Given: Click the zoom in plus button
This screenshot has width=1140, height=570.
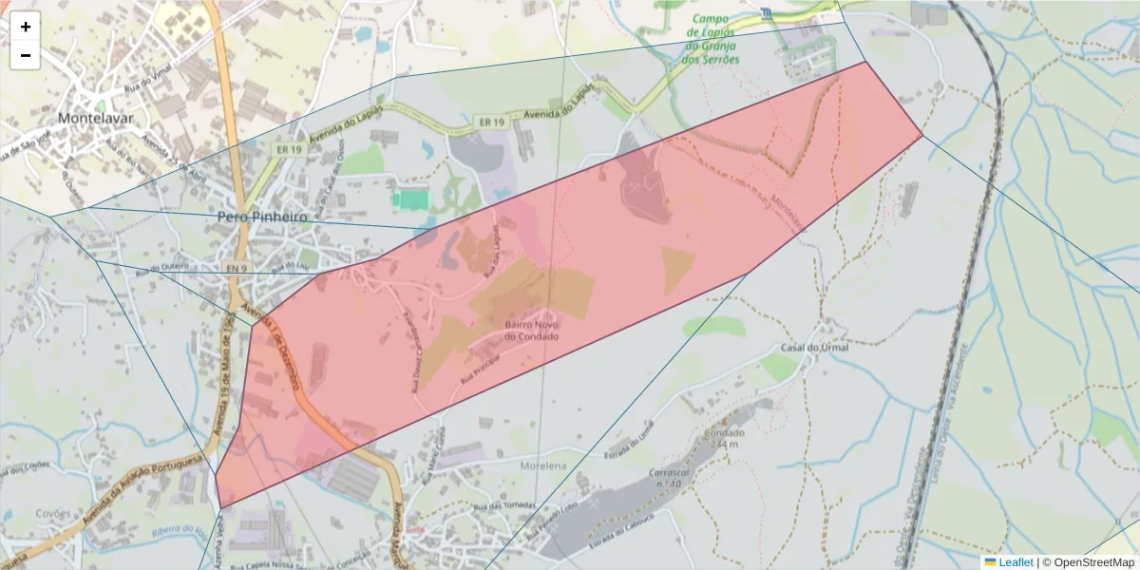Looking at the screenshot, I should click(26, 27).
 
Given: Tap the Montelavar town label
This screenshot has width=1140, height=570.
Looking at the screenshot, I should click(95, 119).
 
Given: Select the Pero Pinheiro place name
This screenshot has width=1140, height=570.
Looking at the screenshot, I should click(263, 217).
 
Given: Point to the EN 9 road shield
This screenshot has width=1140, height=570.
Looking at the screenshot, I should click(237, 269).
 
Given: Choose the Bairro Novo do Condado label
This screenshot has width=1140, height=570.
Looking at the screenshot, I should click(531, 330).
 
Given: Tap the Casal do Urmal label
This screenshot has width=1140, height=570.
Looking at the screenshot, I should click(814, 347).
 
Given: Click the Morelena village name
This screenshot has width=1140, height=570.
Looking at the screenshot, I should click(543, 465).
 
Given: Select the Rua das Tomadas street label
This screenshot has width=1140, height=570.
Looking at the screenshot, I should click(504, 505).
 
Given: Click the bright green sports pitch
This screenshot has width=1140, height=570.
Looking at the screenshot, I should click(410, 199).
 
